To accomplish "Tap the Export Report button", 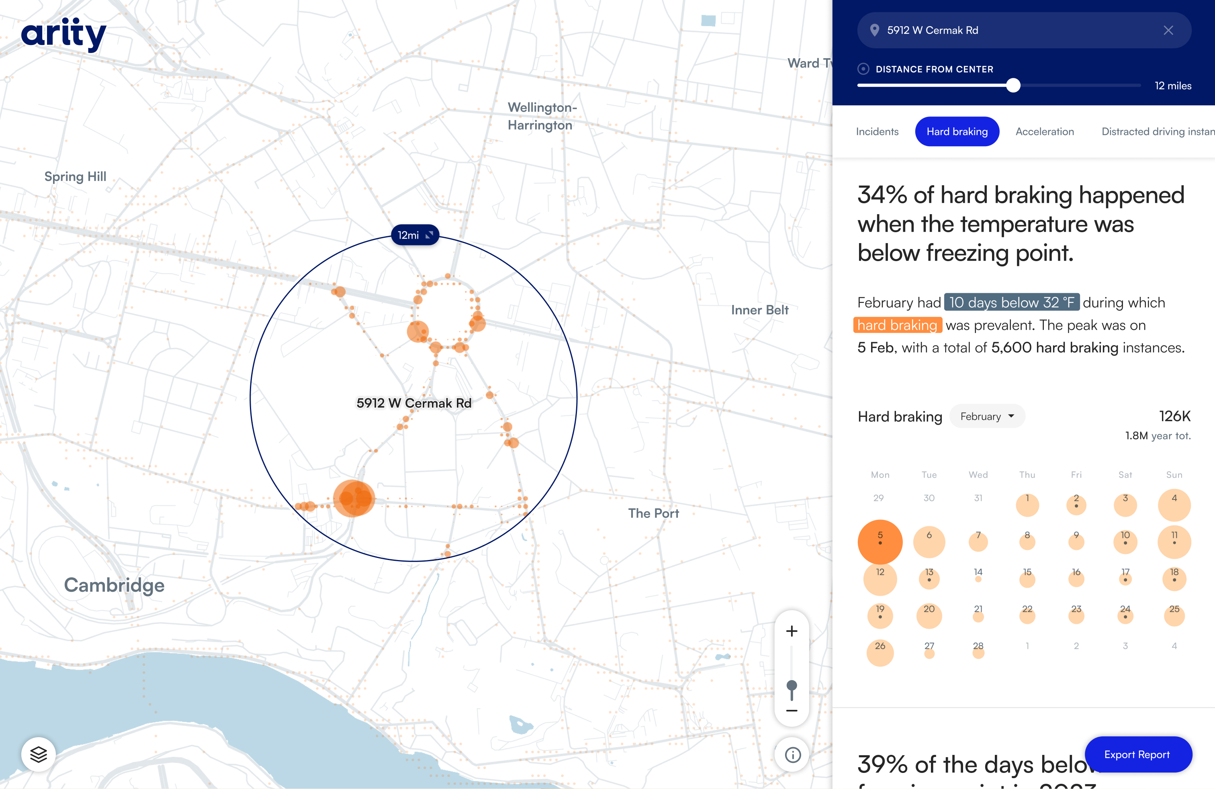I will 1137,754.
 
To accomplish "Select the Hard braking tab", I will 957,132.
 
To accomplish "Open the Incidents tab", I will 877,132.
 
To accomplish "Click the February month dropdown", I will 986,417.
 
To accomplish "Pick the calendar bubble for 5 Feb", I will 880,541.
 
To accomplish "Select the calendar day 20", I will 929,615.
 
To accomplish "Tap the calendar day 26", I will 880,652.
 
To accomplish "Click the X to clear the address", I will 1168,31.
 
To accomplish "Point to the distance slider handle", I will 1013,85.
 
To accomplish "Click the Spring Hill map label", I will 75,177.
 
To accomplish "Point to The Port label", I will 653,513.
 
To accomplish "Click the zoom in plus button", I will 791,631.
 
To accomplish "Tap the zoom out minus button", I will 791,710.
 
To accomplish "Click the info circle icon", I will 792,755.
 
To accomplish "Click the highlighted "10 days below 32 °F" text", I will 1011,302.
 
